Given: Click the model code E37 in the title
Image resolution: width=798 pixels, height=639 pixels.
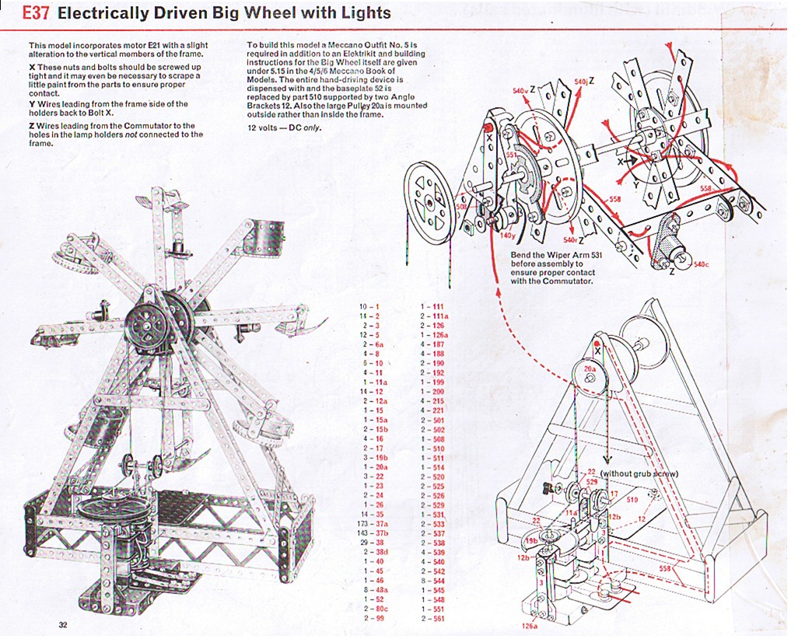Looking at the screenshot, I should [37, 13].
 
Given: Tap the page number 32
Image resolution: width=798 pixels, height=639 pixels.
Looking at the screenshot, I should [63, 624].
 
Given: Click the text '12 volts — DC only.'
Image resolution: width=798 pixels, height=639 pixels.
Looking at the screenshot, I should [284, 127].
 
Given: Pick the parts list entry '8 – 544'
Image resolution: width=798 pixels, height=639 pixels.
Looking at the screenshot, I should [432, 580].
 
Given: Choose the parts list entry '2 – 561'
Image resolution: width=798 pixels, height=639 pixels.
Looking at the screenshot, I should [432, 618].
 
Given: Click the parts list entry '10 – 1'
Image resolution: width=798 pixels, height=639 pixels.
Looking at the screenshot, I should [369, 307].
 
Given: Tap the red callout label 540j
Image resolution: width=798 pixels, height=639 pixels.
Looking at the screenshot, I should [581, 81].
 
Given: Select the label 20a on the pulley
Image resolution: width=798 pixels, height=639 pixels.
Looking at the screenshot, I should [590, 368].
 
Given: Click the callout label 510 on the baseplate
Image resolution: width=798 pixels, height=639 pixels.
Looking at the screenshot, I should [632, 500].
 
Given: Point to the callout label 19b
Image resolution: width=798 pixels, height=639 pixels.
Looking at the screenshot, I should [531, 540].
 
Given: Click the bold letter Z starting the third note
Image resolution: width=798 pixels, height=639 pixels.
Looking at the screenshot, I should [31, 125].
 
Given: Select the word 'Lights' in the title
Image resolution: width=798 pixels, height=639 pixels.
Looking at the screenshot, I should [362, 13].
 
